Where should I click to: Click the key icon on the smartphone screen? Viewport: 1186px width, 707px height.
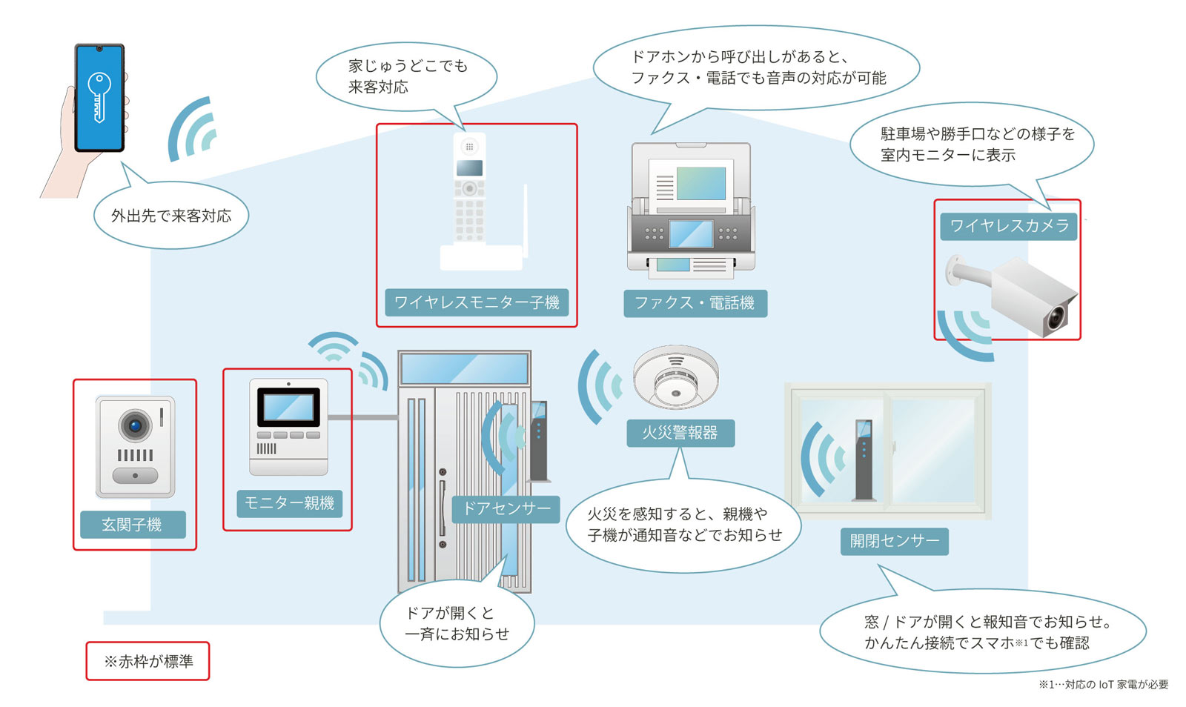pyautogui.click(x=99, y=96)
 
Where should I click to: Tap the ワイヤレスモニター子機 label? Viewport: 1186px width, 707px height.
pyautogui.click(x=477, y=302)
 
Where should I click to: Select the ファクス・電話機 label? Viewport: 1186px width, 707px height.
pyautogui.click(x=695, y=303)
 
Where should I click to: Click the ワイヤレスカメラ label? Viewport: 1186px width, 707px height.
pyautogui.click(x=1008, y=226)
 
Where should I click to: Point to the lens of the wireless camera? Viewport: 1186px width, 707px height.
pyautogui.click(x=1055, y=318)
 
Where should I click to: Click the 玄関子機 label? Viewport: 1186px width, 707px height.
pyautogui.click(x=132, y=525)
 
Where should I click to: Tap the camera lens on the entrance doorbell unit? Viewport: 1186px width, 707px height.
pyautogui.click(x=135, y=425)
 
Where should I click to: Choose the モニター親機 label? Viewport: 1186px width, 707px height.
pyautogui.click(x=289, y=503)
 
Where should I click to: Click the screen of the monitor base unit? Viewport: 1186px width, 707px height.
pyautogui.click(x=288, y=408)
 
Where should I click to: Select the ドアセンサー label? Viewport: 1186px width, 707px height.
pyautogui.click(x=506, y=508)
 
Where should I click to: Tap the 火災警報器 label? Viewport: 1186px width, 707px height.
pyautogui.click(x=680, y=433)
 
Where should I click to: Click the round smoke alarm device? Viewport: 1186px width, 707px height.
pyautogui.click(x=675, y=377)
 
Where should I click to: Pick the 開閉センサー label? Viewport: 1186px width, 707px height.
pyautogui.click(x=894, y=541)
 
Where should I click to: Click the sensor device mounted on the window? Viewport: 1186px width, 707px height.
pyautogui.click(x=864, y=460)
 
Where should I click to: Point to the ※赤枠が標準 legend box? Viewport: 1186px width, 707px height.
pyautogui.click(x=148, y=661)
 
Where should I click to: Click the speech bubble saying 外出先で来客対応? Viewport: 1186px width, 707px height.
pyautogui.click(x=170, y=216)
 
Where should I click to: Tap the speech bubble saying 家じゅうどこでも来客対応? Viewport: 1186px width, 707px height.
pyautogui.click(x=406, y=76)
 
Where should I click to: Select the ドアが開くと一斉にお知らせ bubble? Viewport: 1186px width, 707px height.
pyautogui.click(x=457, y=623)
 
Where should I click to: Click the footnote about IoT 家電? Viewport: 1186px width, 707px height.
pyautogui.click(x=1102, y=684)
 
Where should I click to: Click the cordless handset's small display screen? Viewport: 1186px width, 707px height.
pyautogui.click(x=469, y=167)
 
